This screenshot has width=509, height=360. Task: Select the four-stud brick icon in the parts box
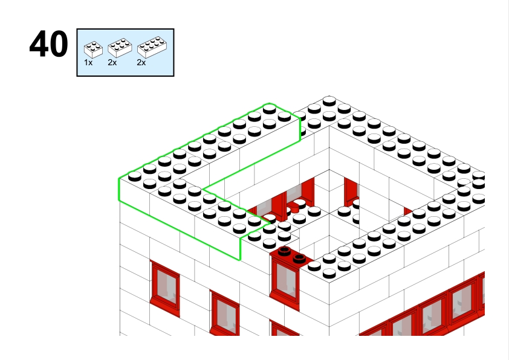tap(93, 50)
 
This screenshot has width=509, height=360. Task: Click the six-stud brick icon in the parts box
tap(120, 48)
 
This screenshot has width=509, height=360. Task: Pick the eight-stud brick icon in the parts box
tap(152, 47)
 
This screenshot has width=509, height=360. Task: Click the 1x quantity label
tap(88, 63)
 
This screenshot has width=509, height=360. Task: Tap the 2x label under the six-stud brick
tap(112, 63)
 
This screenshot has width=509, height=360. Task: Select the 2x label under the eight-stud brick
tap(141, 63)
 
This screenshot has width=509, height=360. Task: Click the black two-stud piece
tap(291, 256)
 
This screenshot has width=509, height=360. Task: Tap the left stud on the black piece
tap(284, 251)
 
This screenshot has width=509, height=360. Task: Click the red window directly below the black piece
tap(285, 282)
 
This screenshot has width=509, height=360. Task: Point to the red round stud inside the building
tap(294, 207)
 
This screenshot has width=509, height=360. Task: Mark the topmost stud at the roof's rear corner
tap(329, 100)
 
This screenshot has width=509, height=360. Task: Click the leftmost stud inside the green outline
tap(135, 176)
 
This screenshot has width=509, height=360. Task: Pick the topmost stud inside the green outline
tap(270, 108)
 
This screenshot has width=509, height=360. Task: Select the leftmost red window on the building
tap(165, 288)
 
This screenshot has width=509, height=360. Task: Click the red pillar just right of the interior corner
tap(351, 192)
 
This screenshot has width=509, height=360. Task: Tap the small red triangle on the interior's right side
tap(407, 211)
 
